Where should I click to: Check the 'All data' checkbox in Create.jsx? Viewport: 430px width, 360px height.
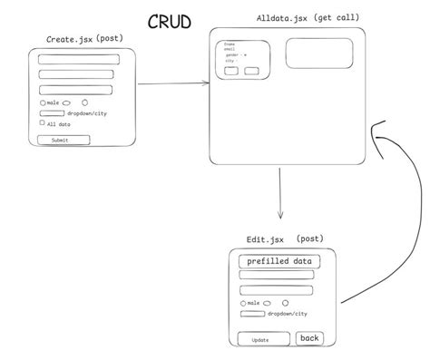[42, 123]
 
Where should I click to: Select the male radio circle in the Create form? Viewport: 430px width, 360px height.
[43, 103]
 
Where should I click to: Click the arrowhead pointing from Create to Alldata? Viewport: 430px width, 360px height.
[206, 84]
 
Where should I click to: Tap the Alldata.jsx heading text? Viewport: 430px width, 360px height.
[283, 18]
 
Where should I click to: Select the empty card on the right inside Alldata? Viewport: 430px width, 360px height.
[319, 54]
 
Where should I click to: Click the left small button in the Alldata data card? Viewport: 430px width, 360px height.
[231, 71]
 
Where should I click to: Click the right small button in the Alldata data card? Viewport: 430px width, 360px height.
[251, 71]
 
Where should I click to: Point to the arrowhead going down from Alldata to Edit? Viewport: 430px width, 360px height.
[281, 216]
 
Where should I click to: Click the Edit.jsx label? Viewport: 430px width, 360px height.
[265, 239]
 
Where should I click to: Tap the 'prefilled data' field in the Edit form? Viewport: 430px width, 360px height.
[279, 261]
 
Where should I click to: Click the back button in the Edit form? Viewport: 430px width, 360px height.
[310, 338]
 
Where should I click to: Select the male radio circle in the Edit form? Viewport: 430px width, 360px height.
[243, 304]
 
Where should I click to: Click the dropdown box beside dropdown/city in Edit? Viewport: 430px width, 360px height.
[252, 314]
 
